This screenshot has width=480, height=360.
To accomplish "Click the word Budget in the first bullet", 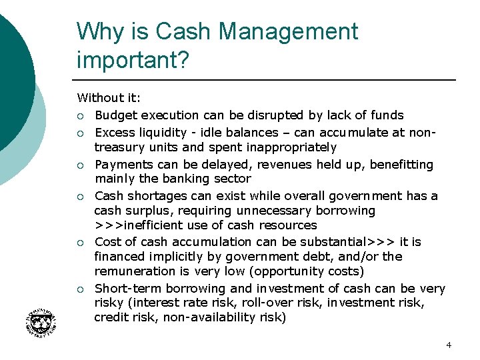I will click(x=116, y=115).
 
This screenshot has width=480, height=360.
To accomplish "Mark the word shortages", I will click(x=157, y=196).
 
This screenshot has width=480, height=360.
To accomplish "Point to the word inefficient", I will click(x=152, y=225).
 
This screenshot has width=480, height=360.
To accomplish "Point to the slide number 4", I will click(x=449, y=345).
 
